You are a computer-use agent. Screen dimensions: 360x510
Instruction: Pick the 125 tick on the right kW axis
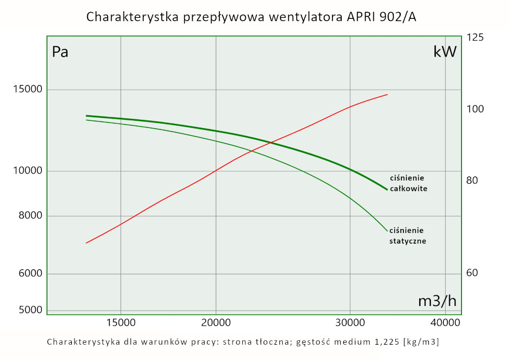pyautogui.click(x=475, y=38)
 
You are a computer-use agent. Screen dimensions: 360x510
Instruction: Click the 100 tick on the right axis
pyautogui.click(x=475, y=109)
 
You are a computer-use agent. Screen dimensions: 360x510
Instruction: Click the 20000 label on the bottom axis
pyautogui.click(x=216, y=322)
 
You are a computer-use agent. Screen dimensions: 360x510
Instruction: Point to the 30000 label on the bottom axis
pyautogui.click(x=350, y=322)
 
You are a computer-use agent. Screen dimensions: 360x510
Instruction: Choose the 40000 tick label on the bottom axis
pyautogui.click(x=445, y=322)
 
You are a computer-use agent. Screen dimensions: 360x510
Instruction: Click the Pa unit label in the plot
pyautogui.click(x=60, y=52)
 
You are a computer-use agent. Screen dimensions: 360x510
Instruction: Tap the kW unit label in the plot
pyautogui.click(x=445, y=52)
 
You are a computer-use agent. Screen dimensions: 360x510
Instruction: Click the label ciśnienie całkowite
pyautogui.click(x=408, y=183)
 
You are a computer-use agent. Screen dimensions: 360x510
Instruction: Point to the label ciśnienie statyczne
pyautogui.click(x=407, y=235)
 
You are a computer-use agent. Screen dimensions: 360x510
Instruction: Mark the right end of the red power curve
pyautogui.click(x=387, y=94)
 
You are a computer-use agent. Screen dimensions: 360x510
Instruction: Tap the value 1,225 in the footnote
pyautogui.click(x=384, y=341)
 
